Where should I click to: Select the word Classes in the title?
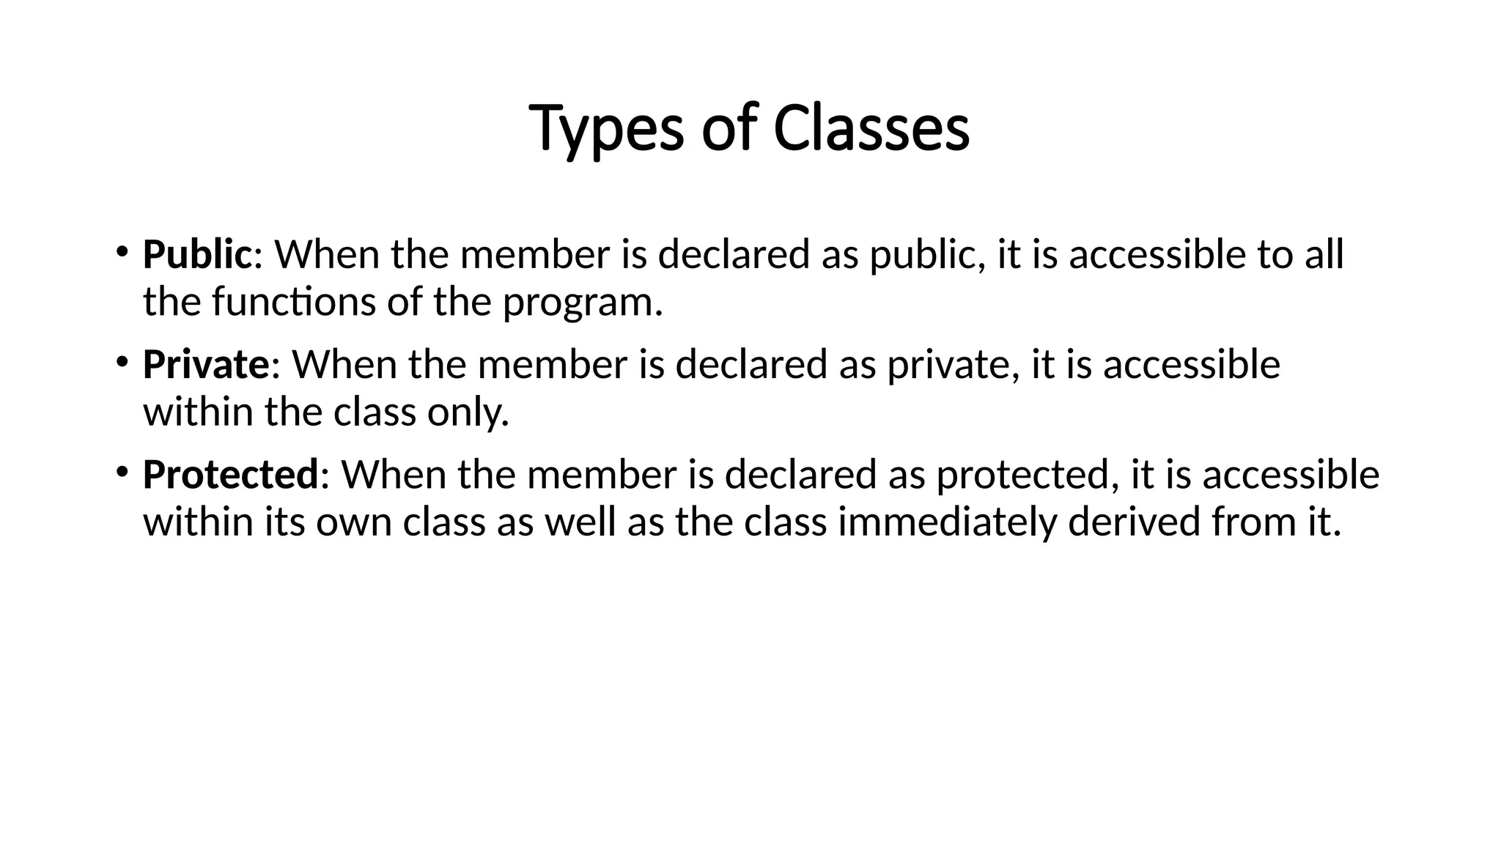871,128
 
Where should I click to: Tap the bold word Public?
197,254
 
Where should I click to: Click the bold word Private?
206,364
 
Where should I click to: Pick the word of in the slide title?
728,128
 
